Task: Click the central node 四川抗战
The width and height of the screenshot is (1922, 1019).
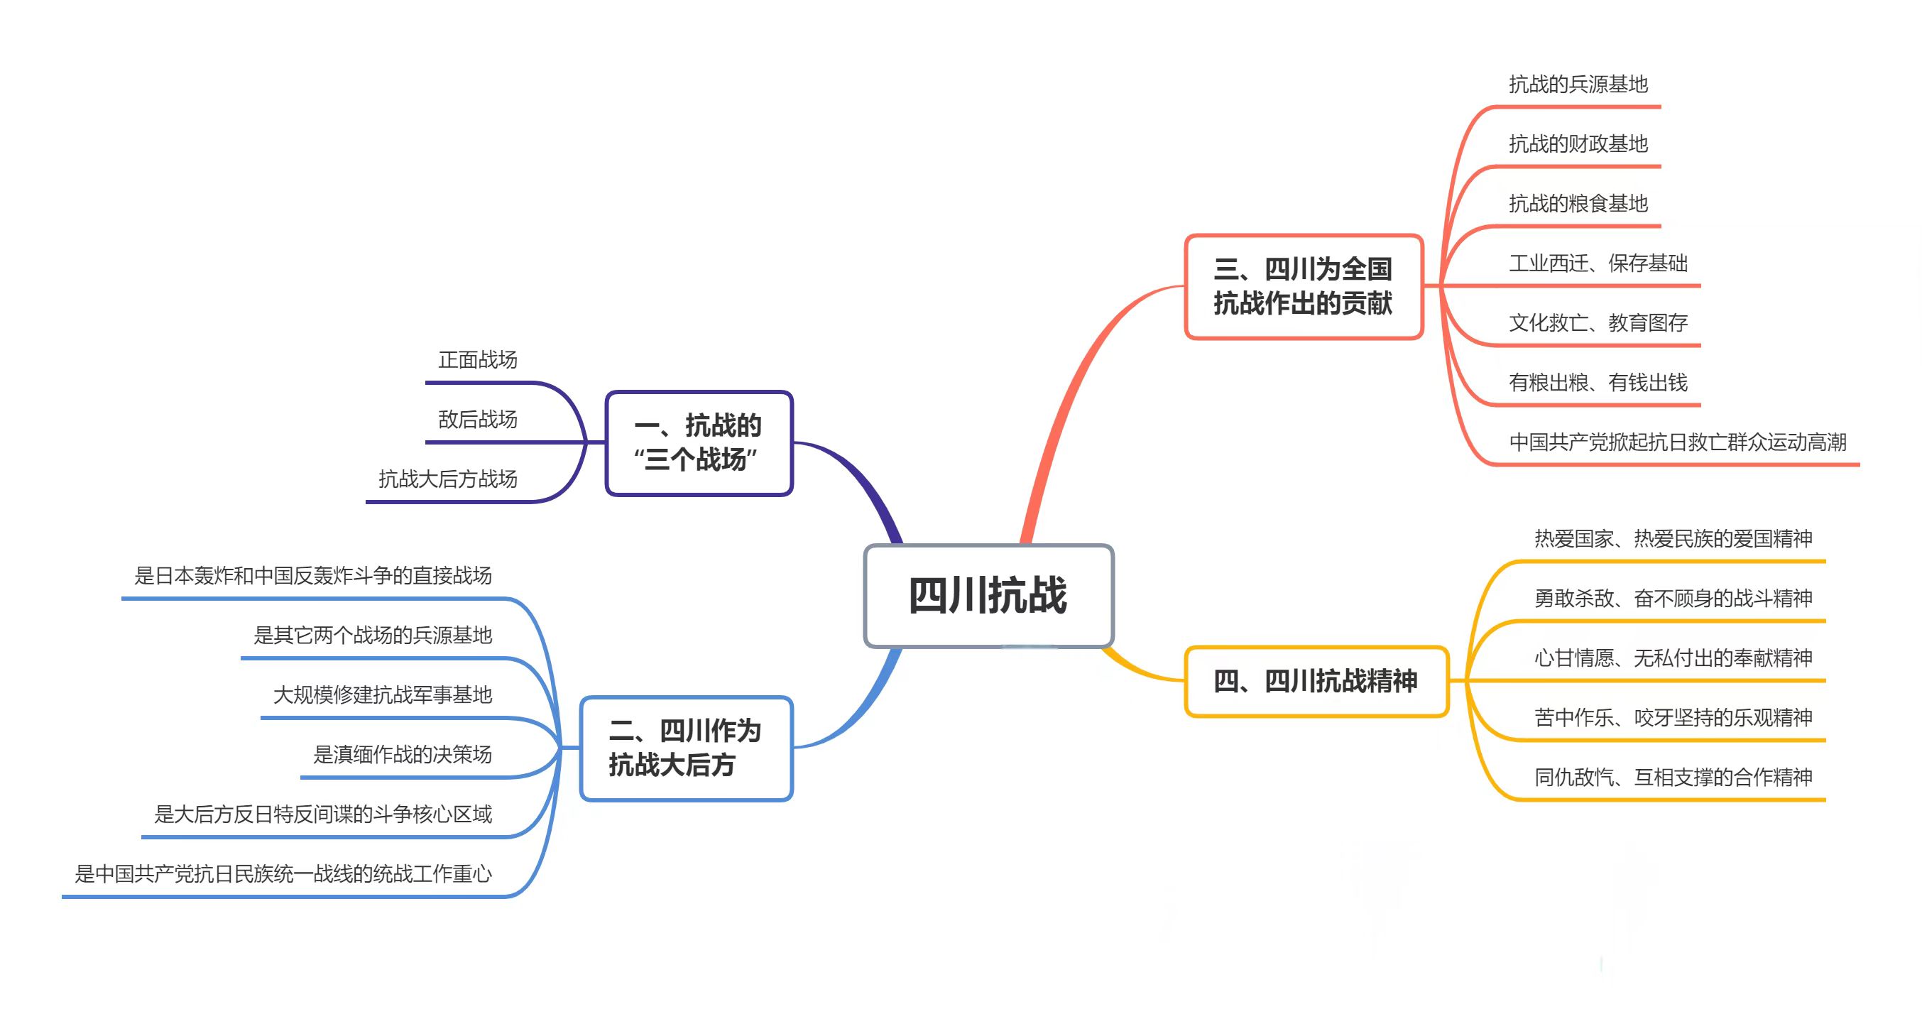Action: pos(988,595)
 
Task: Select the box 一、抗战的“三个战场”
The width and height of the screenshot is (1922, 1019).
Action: pos(699,442)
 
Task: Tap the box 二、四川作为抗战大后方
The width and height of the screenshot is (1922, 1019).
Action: pos(686,748)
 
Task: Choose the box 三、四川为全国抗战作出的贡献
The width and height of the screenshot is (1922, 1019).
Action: pos(1303,286)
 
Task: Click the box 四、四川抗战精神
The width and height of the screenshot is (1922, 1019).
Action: pos(1316,681)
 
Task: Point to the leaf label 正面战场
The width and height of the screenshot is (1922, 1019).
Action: pos(478,360)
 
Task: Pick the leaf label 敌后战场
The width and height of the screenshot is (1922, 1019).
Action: pos(478,420)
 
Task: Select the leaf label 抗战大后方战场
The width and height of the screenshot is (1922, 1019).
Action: pos(448,479)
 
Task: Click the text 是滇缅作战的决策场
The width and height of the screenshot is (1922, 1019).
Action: pos(402,755)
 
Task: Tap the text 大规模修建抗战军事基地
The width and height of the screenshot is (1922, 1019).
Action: pos(383,695)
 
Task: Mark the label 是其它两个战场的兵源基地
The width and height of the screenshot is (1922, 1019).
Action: pos(372,636)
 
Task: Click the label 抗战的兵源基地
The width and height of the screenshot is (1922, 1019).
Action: pos(1578,85)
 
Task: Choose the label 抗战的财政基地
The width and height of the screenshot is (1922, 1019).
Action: pos(1578,144)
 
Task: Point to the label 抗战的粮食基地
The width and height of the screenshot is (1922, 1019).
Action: pos(1578,204)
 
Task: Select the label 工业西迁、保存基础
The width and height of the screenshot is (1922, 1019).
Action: pos(1598,263)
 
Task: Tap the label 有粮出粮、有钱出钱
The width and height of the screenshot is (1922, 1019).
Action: pos(1598,383)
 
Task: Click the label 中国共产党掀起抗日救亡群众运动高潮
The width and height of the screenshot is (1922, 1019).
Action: pos(1677,442)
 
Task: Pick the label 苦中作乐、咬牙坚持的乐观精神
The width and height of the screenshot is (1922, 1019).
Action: pos(1673,718)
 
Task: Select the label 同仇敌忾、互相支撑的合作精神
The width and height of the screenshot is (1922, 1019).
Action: pos(1673,778)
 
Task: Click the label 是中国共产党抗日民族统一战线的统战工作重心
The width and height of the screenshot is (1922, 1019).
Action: pos(283,874)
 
